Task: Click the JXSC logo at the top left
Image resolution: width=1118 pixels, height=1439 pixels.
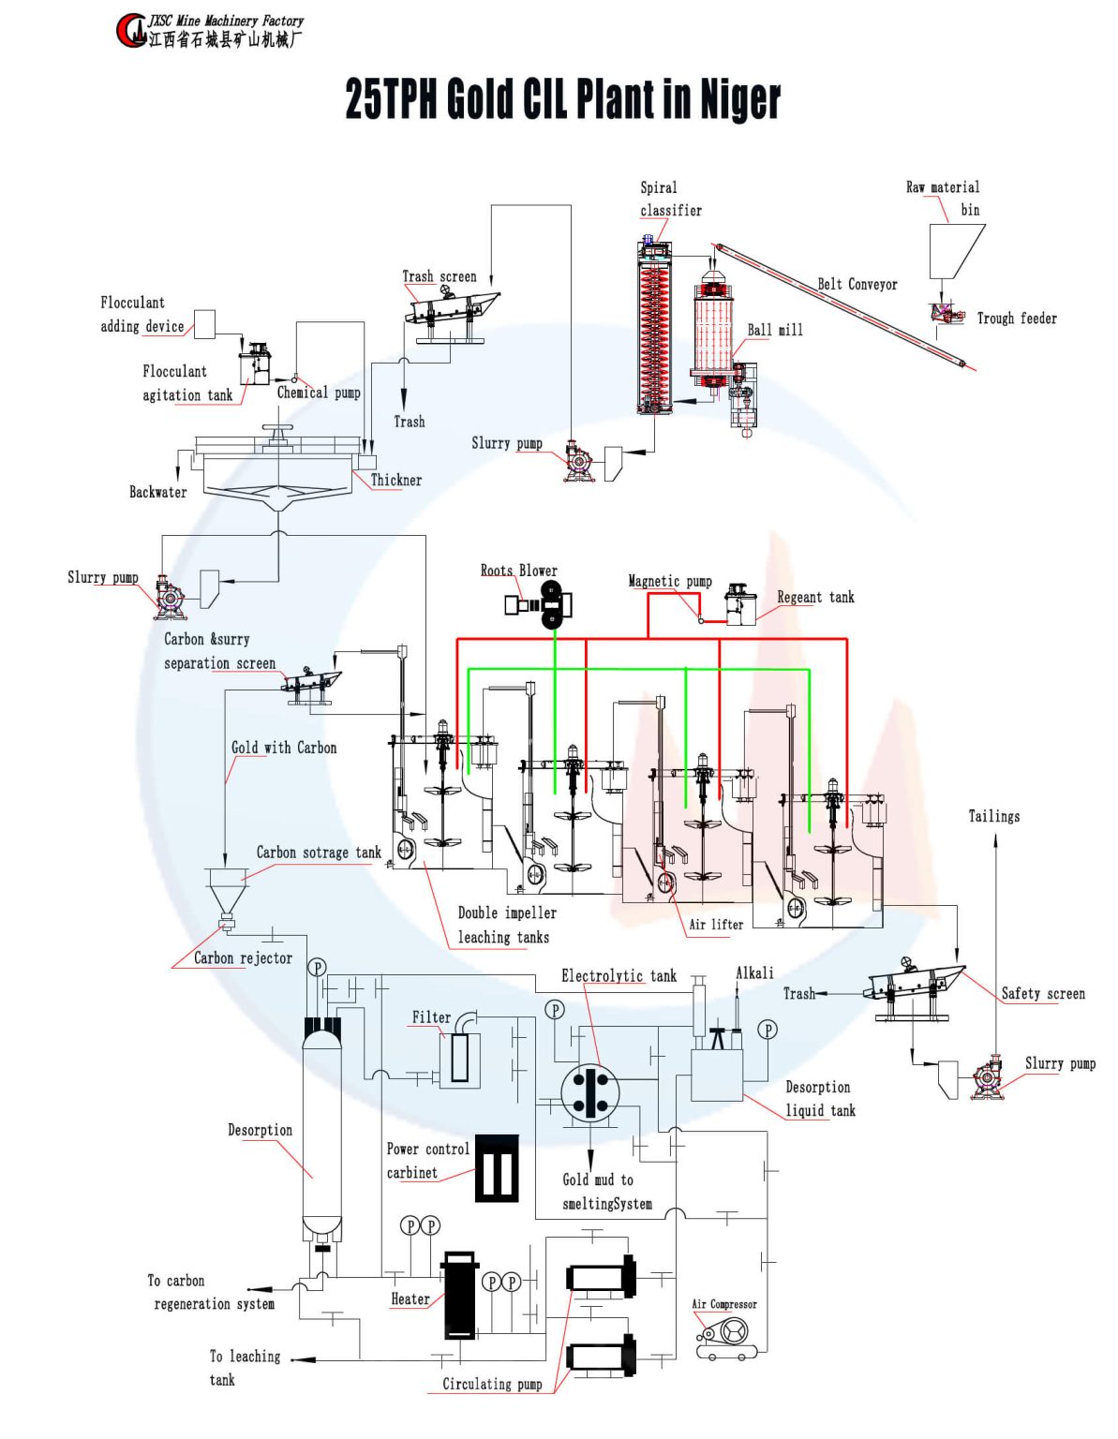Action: [x=132, y=30]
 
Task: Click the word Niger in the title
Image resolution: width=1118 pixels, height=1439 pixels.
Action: [x=740, y=99]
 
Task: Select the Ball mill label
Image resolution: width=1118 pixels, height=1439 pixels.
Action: [x=774, y=330]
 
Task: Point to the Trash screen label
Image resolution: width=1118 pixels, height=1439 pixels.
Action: [x=439, y=276]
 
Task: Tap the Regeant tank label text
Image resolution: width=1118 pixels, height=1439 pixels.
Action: [x=815, y=598]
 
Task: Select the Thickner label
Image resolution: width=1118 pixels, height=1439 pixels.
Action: [x=395, y=481]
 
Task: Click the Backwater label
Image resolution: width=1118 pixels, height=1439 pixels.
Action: [x=157, y=492]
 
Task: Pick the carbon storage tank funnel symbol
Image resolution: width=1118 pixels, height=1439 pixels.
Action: [x=226, y=890]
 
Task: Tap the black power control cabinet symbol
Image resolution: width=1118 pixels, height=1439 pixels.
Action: [x=497, y=1168]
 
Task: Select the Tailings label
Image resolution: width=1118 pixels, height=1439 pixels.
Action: [x=993, y=816]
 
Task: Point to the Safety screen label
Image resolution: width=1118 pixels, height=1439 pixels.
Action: [x=1042, y=993]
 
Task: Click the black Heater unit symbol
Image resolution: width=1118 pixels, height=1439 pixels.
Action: [x=460, y=1297]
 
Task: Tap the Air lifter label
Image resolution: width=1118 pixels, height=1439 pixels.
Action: [x=716, y=925]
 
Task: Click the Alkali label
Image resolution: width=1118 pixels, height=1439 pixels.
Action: [x=754, y=973]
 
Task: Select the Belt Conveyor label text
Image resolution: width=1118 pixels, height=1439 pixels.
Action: [x=857, y=284]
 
